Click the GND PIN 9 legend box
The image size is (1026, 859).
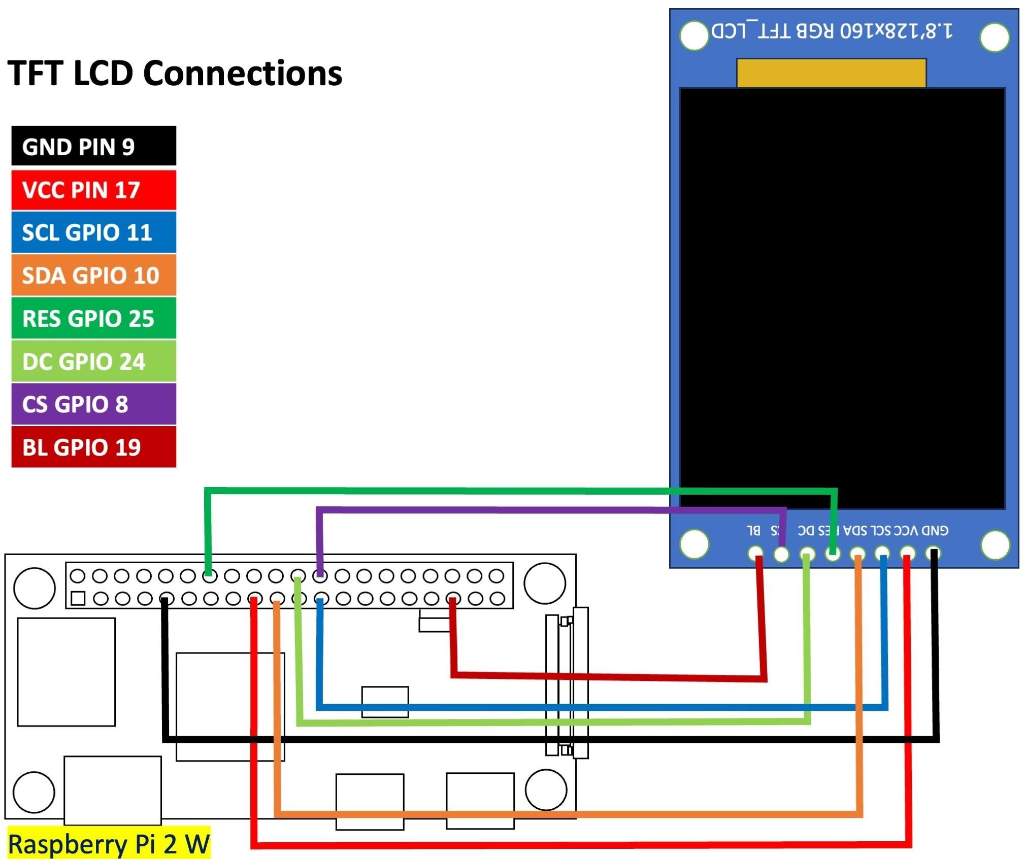tap(93, 146)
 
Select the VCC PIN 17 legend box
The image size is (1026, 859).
tap(93, 190)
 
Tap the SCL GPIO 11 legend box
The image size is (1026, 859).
tap(93, 232)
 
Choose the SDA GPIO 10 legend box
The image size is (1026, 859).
tap(93, 275)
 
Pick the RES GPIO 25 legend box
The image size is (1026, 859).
tap(93, 318)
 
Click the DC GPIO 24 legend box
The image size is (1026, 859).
tap(93, 361)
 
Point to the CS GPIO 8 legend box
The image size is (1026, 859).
tap(93, 404)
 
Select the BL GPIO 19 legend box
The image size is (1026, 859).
tap(93, 447)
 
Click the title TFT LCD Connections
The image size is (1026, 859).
tap(175, 73)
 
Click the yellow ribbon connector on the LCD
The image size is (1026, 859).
tap(831, 73)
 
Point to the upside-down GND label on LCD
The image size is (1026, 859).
tap(935, 531)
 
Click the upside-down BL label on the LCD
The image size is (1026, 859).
tap(753, 531)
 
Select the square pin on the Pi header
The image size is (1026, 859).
tap(78, 598)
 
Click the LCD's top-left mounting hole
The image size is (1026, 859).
tap(693, 36)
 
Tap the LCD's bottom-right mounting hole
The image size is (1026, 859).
tap(995, 544)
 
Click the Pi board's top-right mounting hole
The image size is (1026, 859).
tap(545, 583)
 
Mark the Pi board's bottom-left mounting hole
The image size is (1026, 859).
tap(34, 792)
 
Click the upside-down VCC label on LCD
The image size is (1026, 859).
tap(906, 531)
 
